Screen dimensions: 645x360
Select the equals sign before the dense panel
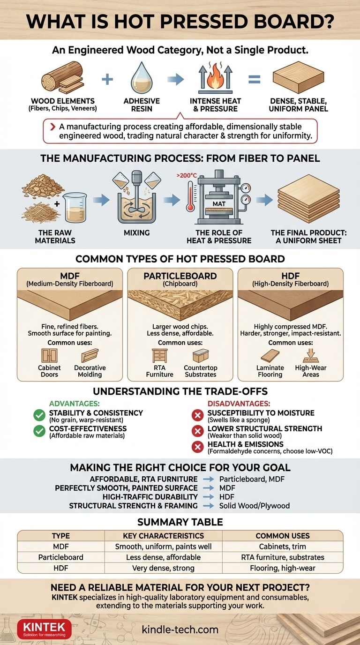(x=254, y=80)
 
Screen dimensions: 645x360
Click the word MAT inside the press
(x=218, y=204)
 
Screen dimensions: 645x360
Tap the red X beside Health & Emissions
(x=197, y=447)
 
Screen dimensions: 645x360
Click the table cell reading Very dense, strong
(x=163, y=568)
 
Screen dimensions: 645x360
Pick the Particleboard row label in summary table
(x=60, y=557)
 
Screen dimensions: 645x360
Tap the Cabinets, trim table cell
(x=283, y=547)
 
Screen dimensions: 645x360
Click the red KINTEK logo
(x=37, y=629)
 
